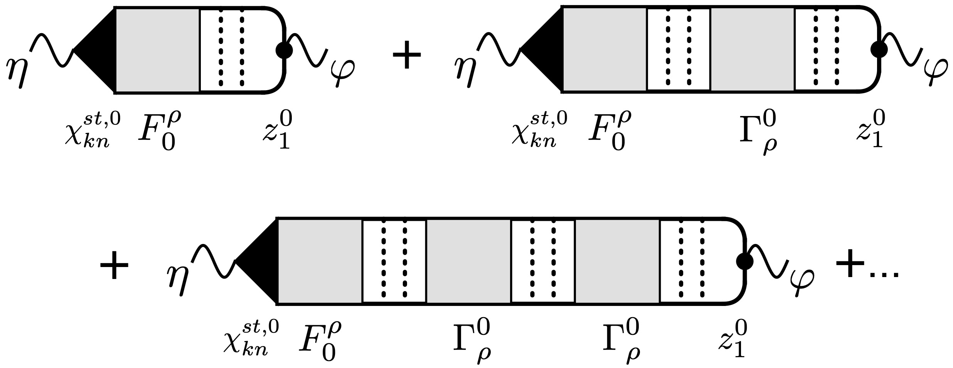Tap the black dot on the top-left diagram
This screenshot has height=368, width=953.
(x=285, y=50)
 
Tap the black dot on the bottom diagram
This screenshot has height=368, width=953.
(x=744, y=261)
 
